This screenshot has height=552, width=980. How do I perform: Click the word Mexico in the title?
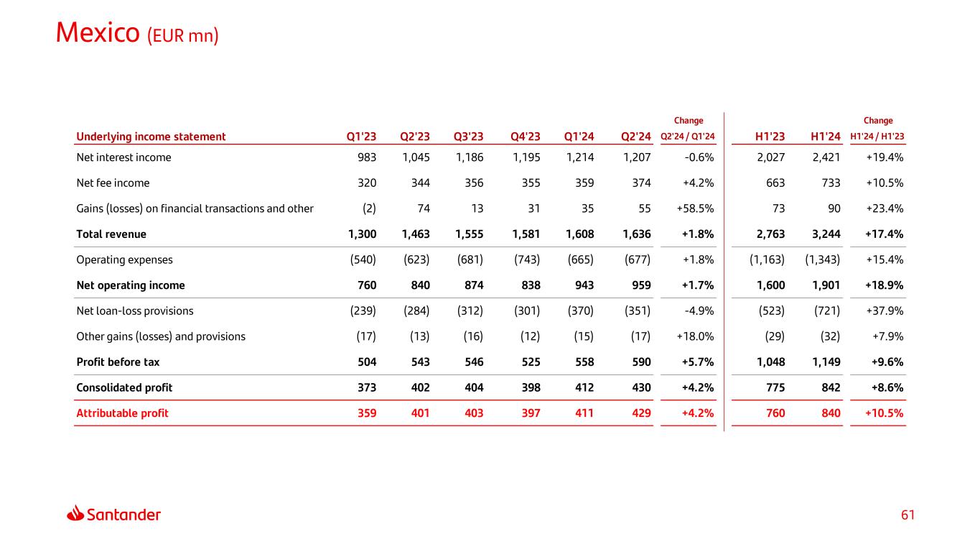coord(98,32)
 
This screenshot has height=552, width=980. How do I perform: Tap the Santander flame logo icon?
coord(76,514)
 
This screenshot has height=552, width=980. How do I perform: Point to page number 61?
coord(908,515)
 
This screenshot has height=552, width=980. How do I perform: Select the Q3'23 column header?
coord(468,137)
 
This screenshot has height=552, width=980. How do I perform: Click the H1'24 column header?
coord(825,137)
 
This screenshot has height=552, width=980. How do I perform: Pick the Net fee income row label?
coord(113,183)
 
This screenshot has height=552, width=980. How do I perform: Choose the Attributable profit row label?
coord(122,413)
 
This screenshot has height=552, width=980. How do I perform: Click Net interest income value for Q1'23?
coord(366,157)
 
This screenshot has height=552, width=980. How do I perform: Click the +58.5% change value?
coord(695,208)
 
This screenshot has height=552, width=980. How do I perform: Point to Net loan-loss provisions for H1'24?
coord(825,310)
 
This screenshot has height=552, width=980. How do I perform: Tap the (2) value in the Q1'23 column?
coord(368,208)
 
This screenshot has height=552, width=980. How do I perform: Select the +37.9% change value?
coord(885,310)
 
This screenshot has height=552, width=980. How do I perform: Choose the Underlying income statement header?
coord(151,137)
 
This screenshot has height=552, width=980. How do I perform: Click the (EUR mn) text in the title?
coord(182,35)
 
